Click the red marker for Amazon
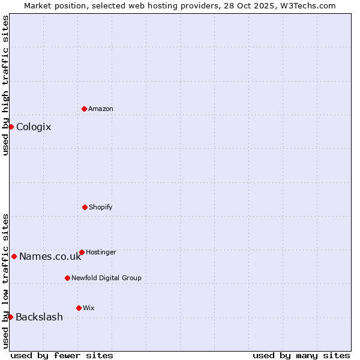tap(84, 109)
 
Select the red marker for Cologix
tap(11, 127)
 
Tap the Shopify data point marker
tap(85, 207)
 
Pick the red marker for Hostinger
tap(82, 252)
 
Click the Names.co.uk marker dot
tap(14, 256)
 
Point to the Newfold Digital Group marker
tap(67, 278)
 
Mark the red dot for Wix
tap(79, 308)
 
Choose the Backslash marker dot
tap(10, 317)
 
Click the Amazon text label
tap(101, 109)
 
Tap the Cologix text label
tap(34, 127)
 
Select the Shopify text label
tap(101, 208)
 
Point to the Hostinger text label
tap(101, 253)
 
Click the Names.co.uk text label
tap(50, 257)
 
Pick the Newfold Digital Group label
tap(106, 278)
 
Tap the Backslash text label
tap(39, 317)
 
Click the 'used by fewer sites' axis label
tap(62, 355)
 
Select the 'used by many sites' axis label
tap(301, 355)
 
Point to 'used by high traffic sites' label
tap(5, 85)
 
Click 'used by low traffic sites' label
tap(5, 281)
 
